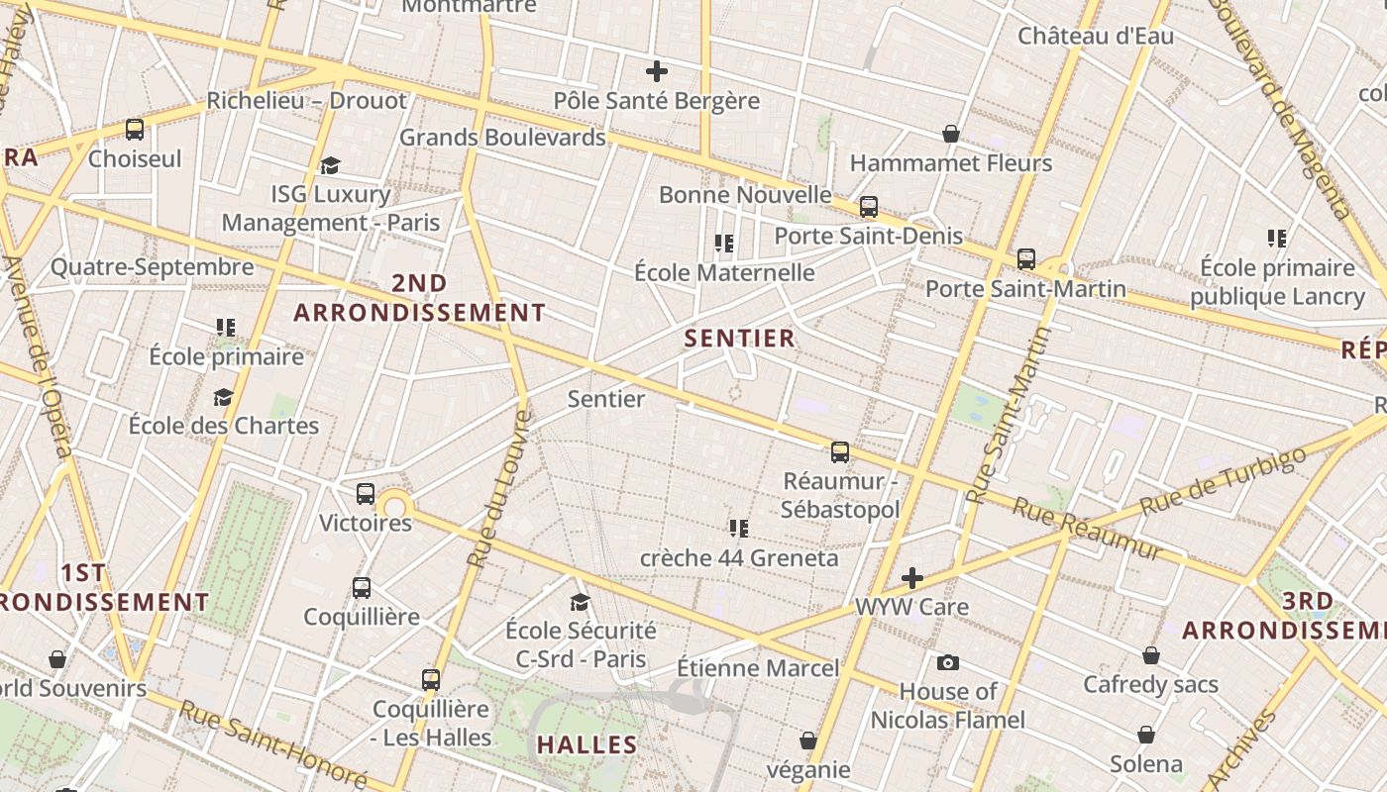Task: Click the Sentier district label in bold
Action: click(x=739, y=339)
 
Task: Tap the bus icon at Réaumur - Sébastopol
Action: click(x=840, y=452)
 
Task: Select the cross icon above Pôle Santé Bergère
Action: click(x=656, y=71)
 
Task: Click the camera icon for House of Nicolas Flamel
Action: click(x=947, y=662)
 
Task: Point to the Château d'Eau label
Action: click(x=1096, y=37)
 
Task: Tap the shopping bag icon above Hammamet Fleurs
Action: click(x=951, y=133)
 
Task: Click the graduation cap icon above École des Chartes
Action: click(x=224, y=398)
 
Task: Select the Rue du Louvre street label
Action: click(x=499, y=489)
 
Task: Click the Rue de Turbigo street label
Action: click(x=1223, y=482)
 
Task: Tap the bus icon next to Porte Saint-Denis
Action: click(x=869, y=207)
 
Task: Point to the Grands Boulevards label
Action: click(x=502, y=138)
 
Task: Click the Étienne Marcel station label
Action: click(x=758, y=668)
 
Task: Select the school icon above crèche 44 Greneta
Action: click(x=738, y=528)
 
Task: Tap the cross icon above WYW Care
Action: click(x=912, y=578)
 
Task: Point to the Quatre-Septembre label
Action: click(x=153, y=267)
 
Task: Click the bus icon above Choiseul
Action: click(x=135, y=129)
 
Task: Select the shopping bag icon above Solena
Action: click(x=1146, y=735)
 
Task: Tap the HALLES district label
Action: click(x=587, y=744)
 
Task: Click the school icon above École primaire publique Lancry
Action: click(x=1277, y=238)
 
